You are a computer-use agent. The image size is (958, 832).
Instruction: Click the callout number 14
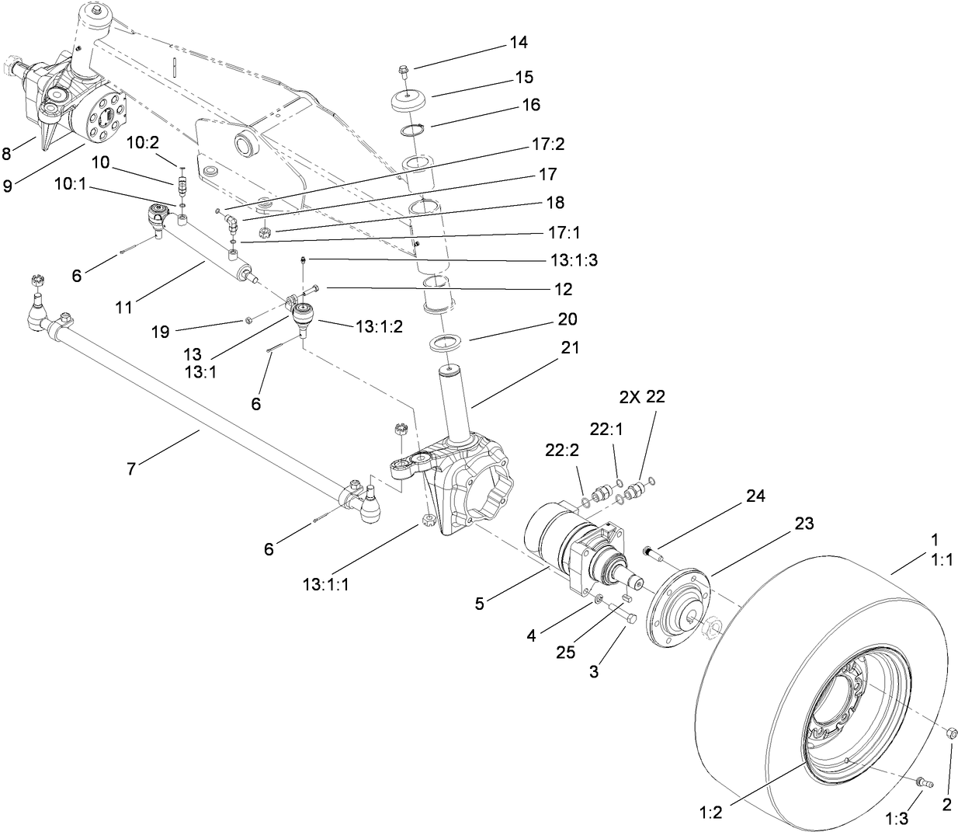click(x=517, y=42)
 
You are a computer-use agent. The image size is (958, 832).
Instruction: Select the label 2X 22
click(x=642, y=396)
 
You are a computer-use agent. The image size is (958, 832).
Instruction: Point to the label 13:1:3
click(x=571, y=260)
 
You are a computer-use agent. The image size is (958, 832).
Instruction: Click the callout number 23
click(x=804, y=524)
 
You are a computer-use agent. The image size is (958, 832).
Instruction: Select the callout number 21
click(x=571, y=348)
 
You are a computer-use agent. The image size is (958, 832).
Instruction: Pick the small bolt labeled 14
click(x=402, y=72)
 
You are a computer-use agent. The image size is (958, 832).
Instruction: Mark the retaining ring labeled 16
click(x=412, y=129)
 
